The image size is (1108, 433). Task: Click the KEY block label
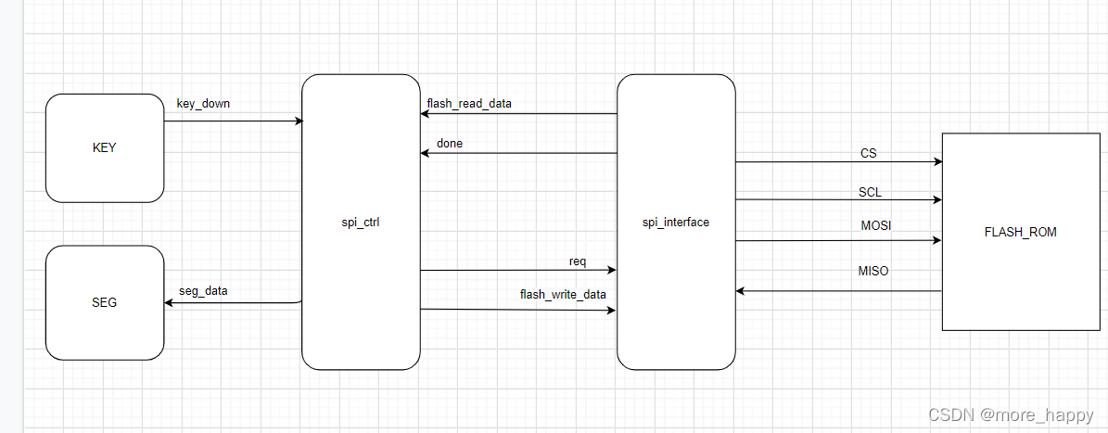105,147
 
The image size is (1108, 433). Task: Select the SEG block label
105,302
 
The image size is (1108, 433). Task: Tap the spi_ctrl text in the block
361,222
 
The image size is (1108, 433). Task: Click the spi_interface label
676,222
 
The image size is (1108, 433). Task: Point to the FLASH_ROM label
1021,232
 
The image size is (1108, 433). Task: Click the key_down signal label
203,104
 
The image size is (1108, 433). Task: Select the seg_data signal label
203,290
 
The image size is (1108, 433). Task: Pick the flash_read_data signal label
469,103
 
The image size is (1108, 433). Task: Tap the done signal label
450,143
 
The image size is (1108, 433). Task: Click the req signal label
578,261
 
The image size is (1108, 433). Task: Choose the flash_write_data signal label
563,294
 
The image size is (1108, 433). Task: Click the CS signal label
869,153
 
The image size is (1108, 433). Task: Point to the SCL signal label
870,192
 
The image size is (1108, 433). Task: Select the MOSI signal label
876,226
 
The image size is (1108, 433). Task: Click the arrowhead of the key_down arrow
299,121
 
